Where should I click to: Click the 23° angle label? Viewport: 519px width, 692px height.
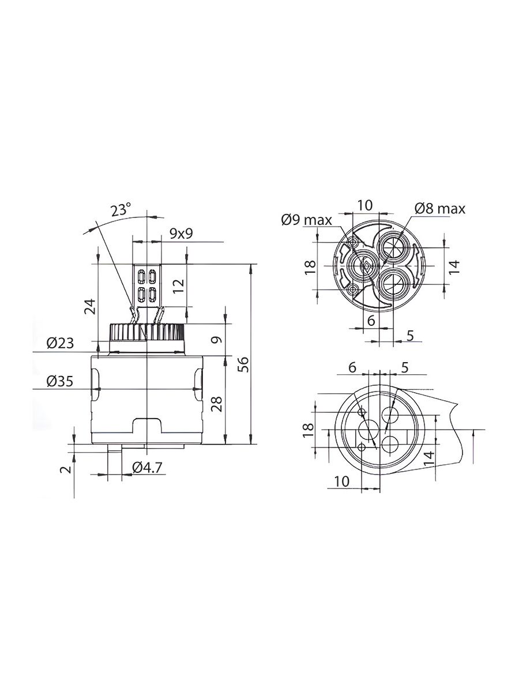pos(121,210)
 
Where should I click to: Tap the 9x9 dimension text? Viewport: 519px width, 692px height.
pos(181,234)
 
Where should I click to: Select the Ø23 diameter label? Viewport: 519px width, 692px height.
pos(60,343)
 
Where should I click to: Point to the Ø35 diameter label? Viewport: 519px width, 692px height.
pos(59,382)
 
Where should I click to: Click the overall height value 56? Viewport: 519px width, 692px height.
pos(243,364)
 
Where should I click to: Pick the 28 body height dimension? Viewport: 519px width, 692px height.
pos(217,404)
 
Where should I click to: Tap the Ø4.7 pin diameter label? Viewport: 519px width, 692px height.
pos(148,468)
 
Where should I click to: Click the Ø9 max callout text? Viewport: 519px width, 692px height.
pos(307,220)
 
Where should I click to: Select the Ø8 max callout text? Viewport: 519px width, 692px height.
pos(440,208)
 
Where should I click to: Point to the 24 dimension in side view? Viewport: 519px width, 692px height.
pos(89,306)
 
